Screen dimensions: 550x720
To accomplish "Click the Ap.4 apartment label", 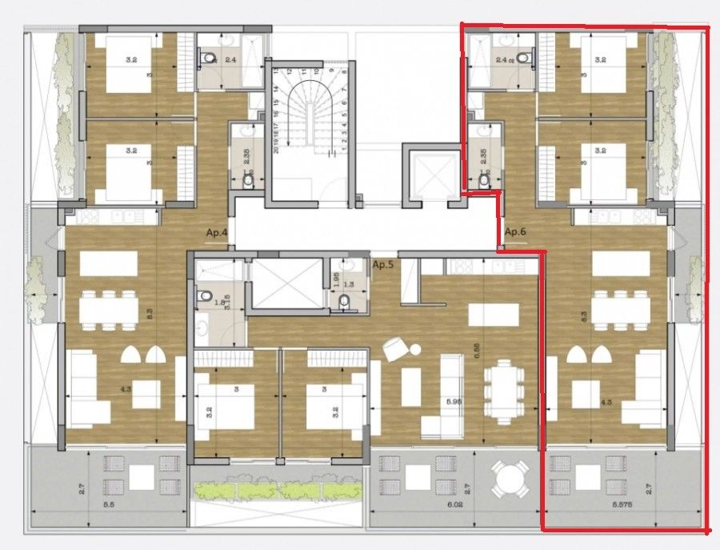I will pyautogui.click(x=217, y=232).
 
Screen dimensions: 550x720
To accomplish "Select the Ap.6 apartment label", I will pyautogui.click(x=514, y=231).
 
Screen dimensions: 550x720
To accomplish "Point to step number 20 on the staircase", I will pyautogui.click(x=275, y=148).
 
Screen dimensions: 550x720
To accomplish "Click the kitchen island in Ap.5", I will pyautogui.click(x=487, y=315).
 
